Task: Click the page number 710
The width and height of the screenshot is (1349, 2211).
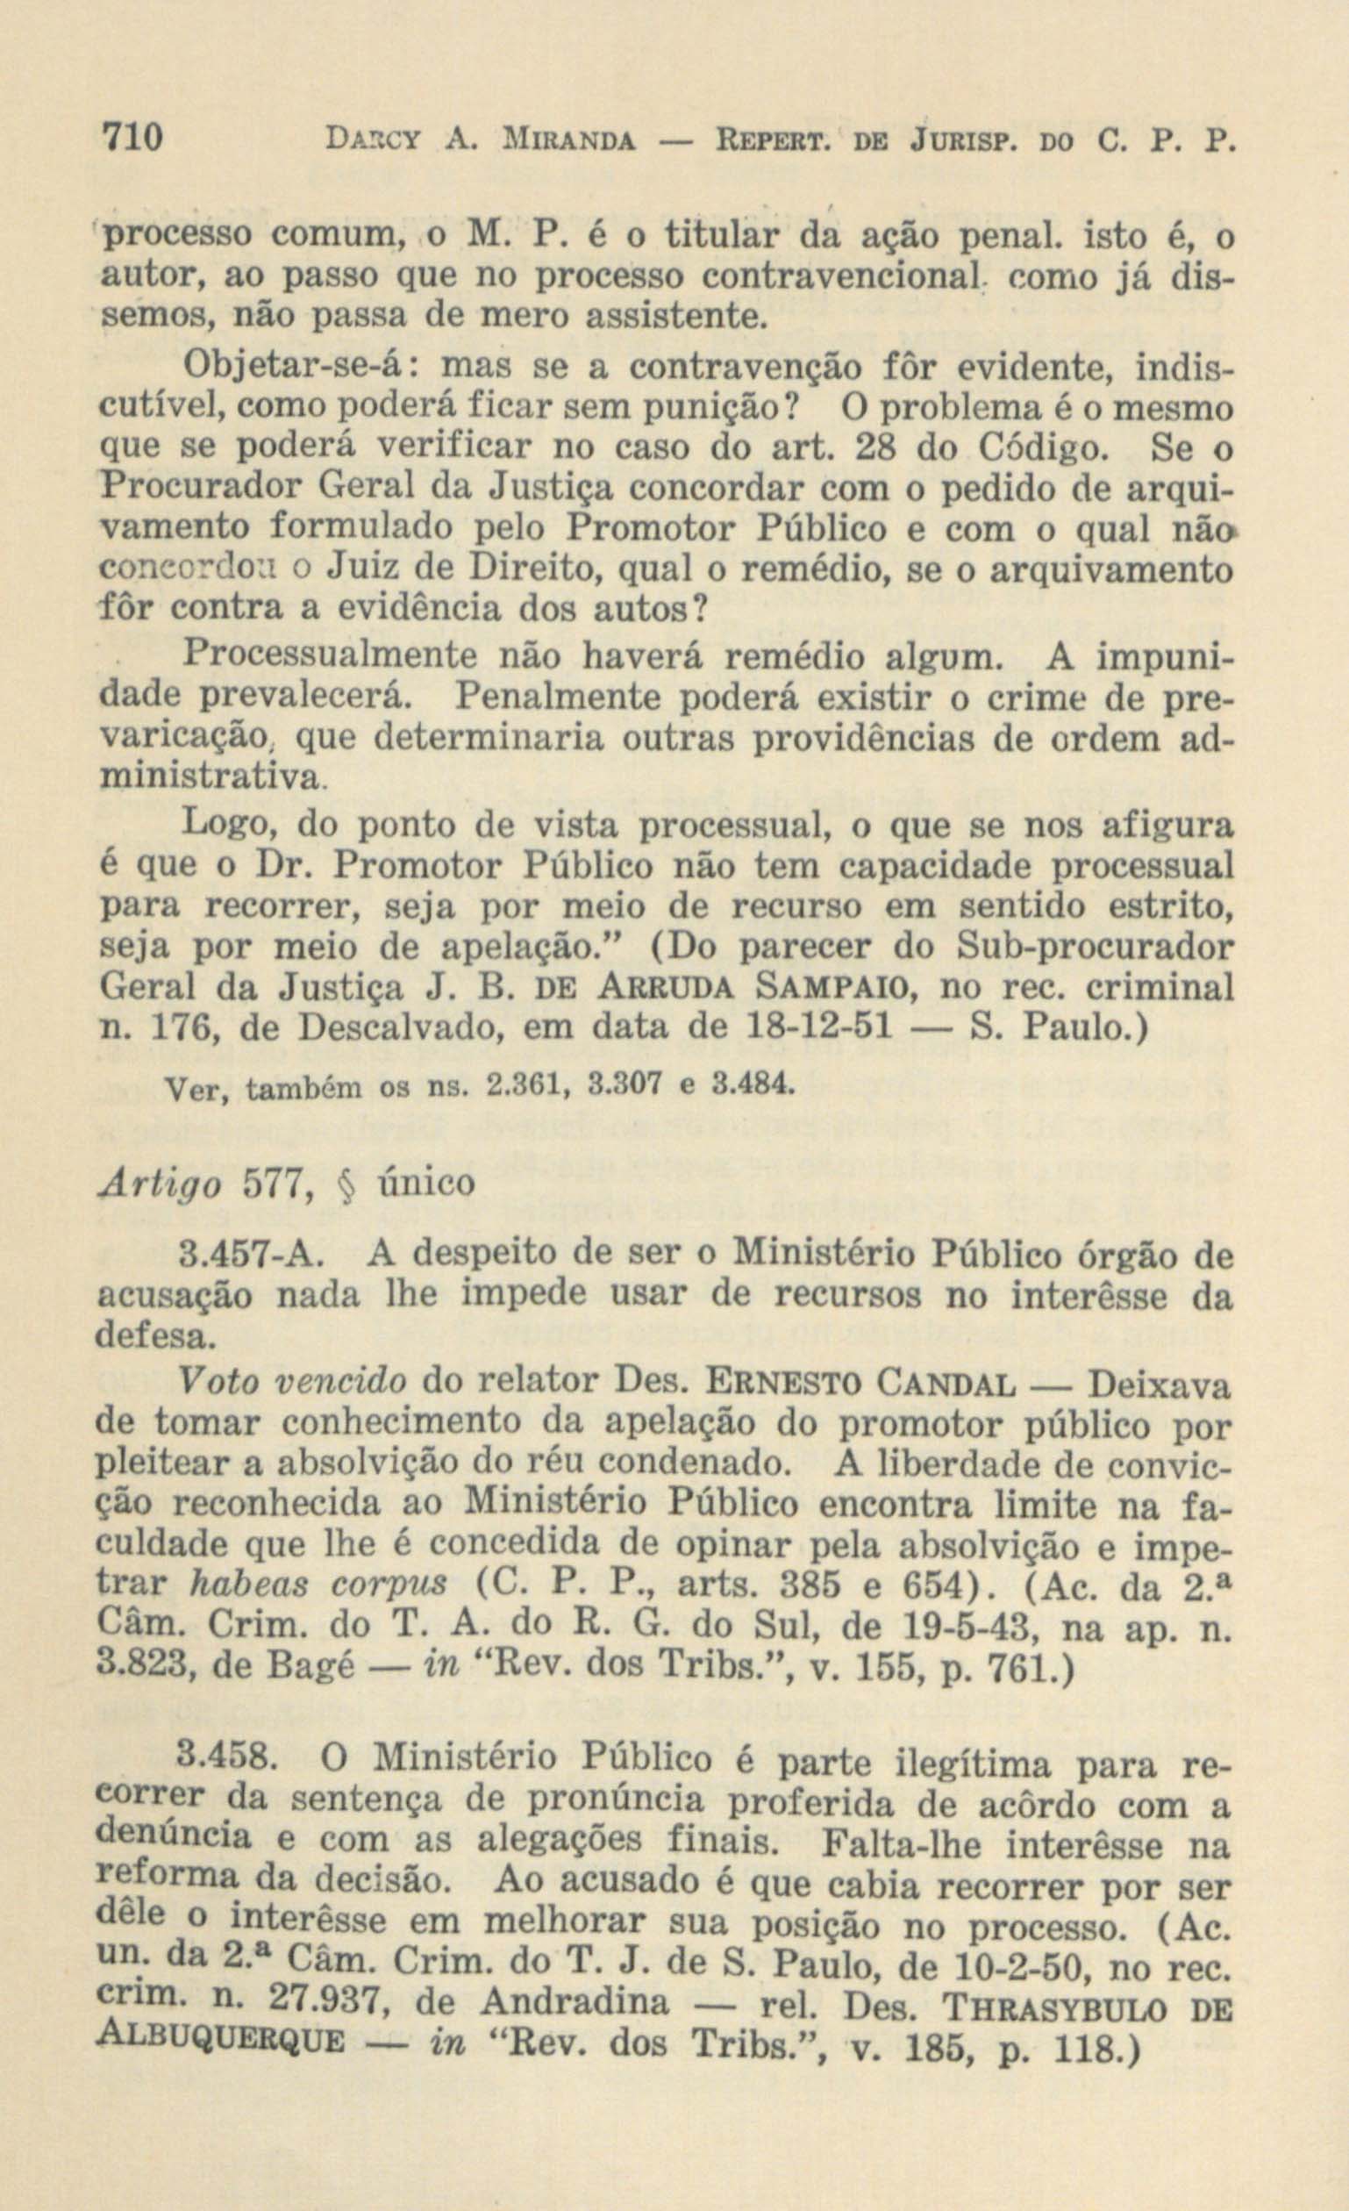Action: [x=132, y=140]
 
